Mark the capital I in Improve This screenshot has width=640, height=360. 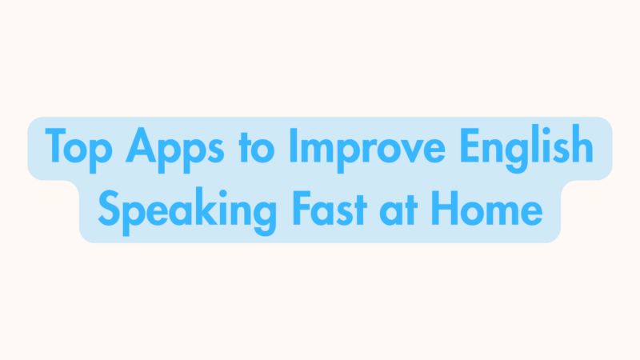(x=296, y=146)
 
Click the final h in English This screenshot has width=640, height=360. (x=585, y=146)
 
